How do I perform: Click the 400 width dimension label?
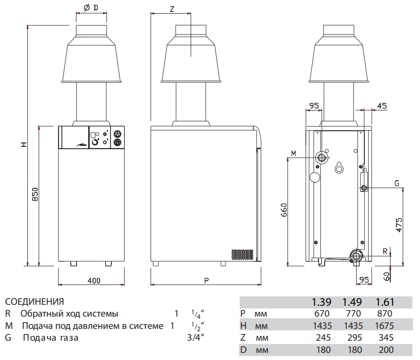point(94,281)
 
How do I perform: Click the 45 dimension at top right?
point(382,106)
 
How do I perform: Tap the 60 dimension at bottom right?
point(387,276)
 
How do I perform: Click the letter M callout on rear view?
point(294,153)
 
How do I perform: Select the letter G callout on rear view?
point(397,183)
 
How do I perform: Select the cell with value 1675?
point(385,326)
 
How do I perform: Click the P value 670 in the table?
point(323,314)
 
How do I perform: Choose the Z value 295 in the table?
point(353,338)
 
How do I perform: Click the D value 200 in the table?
point(385,350)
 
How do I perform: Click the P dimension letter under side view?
point(206,281)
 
